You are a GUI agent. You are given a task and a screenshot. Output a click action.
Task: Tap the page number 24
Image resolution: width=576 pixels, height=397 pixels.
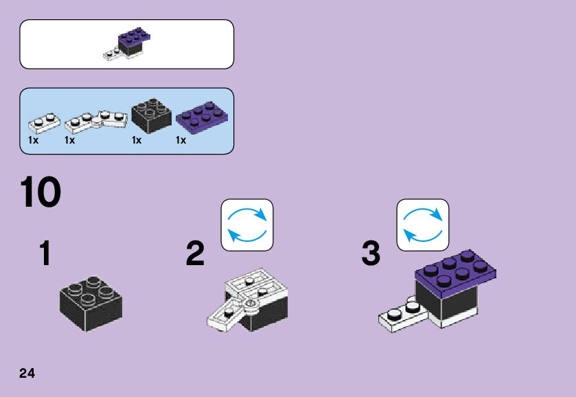click(x=27, y=373)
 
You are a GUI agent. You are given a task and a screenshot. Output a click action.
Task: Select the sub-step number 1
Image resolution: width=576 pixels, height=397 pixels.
click(x=45, y=254)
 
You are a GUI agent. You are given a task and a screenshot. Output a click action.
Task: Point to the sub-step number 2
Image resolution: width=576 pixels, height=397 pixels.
click(x=196, y=254)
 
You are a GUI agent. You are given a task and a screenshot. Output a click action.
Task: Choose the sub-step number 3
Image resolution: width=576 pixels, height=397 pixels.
click(x=371, y=254)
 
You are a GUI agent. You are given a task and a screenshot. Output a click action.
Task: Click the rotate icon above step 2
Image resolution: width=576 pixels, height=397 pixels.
click(x=247, y=225)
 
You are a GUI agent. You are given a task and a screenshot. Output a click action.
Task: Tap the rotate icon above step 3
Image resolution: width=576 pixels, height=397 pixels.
click(x=423, y=225)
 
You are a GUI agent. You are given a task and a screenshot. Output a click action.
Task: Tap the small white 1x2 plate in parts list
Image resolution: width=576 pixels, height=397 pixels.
click(x=43, y=123)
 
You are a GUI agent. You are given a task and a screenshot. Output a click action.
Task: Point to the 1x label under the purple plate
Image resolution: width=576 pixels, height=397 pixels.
click(x=181, y=140)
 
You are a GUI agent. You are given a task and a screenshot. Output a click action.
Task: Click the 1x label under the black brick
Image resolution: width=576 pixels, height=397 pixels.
click(x=137, y=140)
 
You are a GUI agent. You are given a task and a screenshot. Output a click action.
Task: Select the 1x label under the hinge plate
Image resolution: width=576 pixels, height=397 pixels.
click(x=69, y=140)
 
